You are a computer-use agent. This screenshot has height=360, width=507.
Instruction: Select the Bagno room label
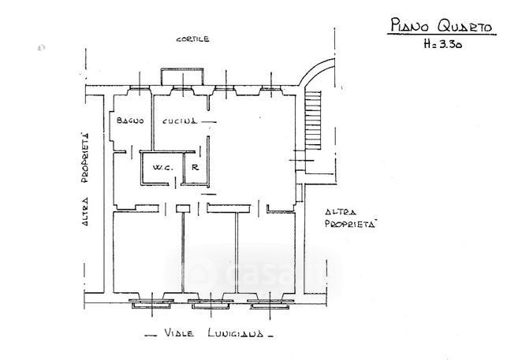129,121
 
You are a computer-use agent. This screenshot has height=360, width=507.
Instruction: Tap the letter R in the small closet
194,167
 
